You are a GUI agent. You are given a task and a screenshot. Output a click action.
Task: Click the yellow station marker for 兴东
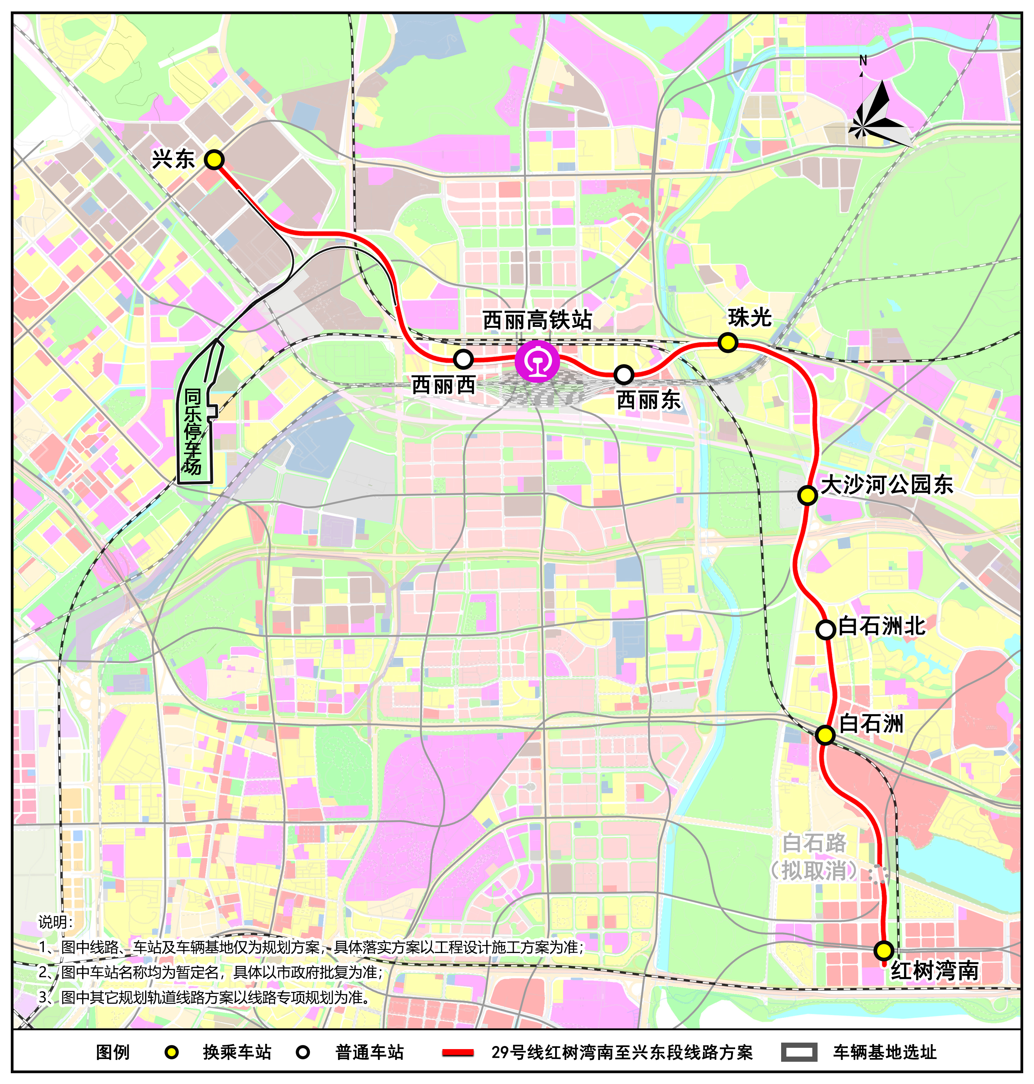[x=214, y=160]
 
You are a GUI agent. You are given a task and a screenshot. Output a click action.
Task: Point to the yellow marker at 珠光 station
[x=727, y=343]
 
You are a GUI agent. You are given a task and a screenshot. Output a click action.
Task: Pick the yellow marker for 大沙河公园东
[x=807, y=495]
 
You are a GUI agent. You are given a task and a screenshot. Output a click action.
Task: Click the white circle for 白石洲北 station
[x=825, y=629]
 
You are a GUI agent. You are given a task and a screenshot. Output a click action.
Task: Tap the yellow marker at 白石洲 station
[x=825, y=735]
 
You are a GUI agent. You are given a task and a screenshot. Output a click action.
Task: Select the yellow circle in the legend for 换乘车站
[x=172, y=1052]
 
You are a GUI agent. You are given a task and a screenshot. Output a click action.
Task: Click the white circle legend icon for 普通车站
[x=303, y=1052]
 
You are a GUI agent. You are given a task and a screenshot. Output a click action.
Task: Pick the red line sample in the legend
[x=458, y=1052]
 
